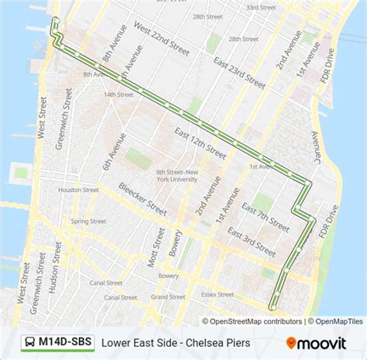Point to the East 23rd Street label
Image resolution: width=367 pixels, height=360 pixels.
(242, 76)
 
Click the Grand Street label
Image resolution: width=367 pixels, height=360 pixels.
(169, 297)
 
